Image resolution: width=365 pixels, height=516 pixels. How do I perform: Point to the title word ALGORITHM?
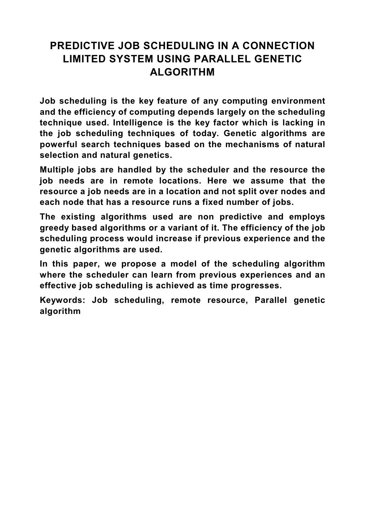click(x=182, y=72)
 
